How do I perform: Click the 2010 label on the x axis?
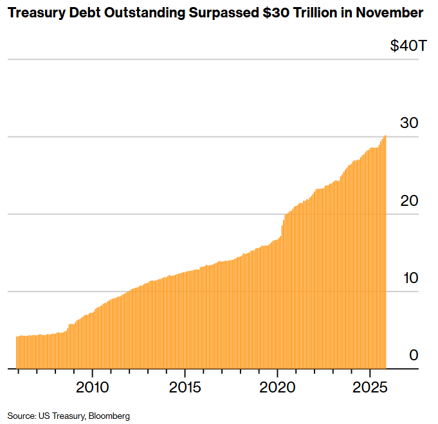pos(92,388)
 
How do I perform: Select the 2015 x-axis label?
pos(185,388)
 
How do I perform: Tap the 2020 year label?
pos(277,388)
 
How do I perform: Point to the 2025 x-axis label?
pos(370,388)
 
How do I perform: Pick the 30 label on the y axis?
pos(410,124)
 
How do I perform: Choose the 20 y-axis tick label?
pos(410,201)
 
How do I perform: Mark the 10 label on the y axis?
pos(410,278)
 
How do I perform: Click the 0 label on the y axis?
pos(414,355)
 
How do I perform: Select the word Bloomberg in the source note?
pos(111,416)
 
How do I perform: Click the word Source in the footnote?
pos(20,416)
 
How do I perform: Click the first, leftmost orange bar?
pos(17,353)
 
